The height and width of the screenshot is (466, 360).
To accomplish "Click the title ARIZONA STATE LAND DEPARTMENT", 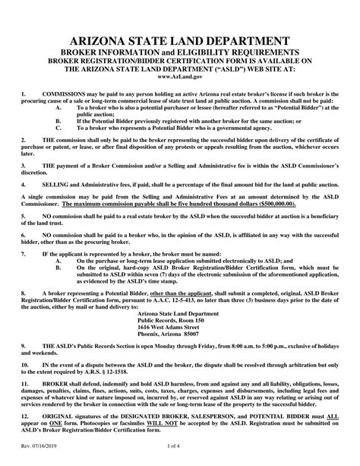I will (x=179, y=39).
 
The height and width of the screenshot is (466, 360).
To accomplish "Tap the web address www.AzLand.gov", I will (x=180, y=78).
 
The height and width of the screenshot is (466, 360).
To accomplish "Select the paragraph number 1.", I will (x=24, y=96).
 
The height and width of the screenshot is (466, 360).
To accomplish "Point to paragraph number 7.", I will (x=24, y=252).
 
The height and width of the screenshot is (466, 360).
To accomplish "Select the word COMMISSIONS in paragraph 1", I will (x=64, y=96).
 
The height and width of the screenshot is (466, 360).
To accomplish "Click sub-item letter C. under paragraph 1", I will (x=59, y=129).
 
